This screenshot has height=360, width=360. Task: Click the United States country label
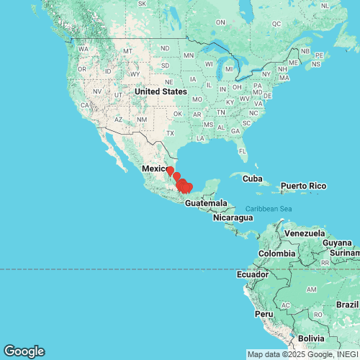161,91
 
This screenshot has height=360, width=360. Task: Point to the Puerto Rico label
303,186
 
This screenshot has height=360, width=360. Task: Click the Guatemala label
206,204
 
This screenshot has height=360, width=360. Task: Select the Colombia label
277,253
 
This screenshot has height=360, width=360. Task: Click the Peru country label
263,314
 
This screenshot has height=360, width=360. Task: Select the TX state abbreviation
171,133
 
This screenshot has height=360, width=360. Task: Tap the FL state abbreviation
243,151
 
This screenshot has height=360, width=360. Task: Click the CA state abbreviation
85,105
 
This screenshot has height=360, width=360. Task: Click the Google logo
23,351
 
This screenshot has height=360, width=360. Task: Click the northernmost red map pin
170,171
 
